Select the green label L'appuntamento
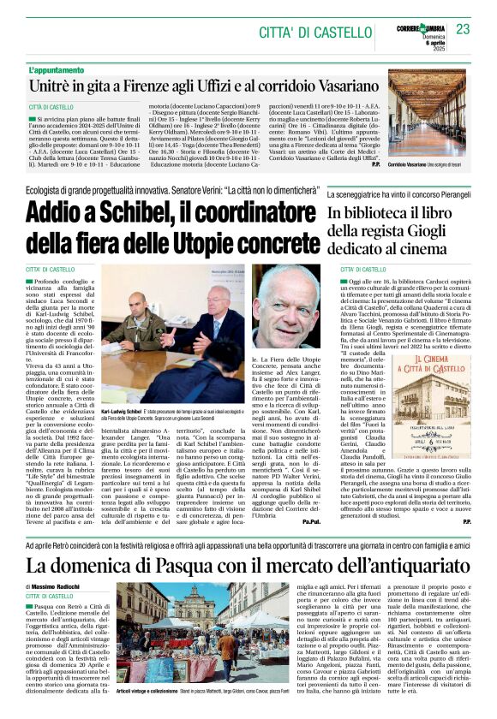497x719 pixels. [57, 69]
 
